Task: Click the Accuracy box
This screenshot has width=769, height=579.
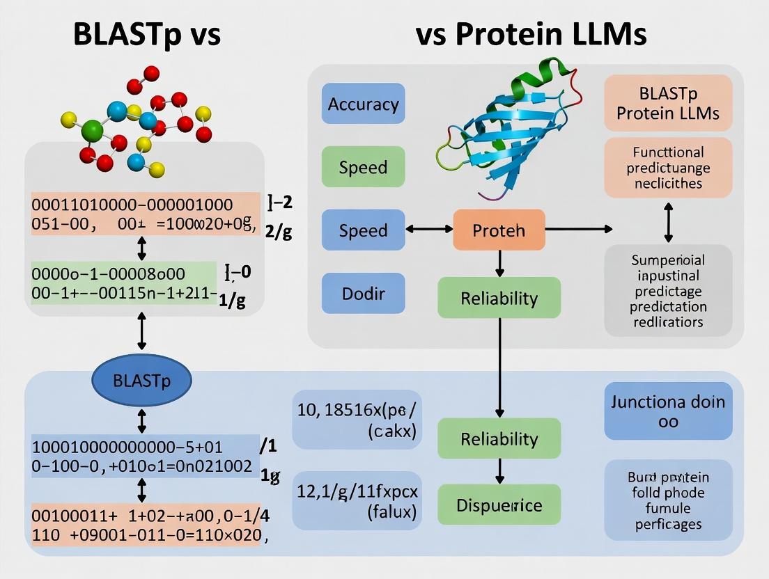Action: [x=363, y=104]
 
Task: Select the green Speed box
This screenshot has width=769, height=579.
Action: [x=363, y=167]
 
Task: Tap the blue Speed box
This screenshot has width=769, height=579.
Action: [x=363, y=230]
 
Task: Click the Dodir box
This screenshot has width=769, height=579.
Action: [x=363, y=293]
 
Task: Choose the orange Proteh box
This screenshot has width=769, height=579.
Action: [x=499, y=230]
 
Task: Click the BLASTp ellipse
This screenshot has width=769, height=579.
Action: [x=141, y=380]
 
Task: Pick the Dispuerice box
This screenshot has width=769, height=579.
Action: [x=499, y=505]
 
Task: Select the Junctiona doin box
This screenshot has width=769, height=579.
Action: [x=668, y=411]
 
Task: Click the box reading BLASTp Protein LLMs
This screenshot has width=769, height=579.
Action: [x=668, y=103]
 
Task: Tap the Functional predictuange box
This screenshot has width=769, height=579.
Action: [x=668, y=168]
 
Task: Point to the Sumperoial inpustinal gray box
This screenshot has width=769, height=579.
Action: [x=668, y=290]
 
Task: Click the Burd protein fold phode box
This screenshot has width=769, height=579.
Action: [x=668, y=500]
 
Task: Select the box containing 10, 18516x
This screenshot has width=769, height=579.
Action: [x=356, y=420]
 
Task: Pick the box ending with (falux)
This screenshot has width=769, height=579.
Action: [x=356, y=502]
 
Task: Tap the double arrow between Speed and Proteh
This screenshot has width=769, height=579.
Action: [x=428, y=229]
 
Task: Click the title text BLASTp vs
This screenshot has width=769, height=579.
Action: [x=147, y=35]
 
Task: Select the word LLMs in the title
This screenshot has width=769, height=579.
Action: [x=614, y=35]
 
